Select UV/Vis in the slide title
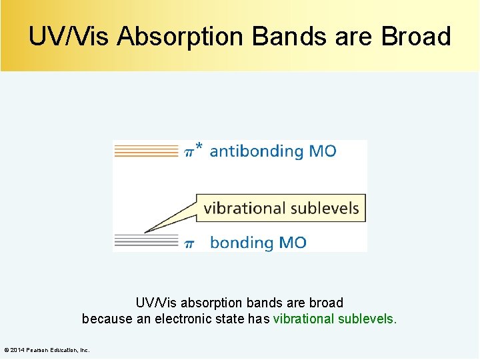tap(69, 37)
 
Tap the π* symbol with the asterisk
tap(193, 151)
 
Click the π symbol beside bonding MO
tap(189, 243)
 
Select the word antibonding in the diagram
tap(257, 151)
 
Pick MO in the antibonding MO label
tap(323, 151)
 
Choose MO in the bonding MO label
tap(293, 243)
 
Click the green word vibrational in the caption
tap(304, 319)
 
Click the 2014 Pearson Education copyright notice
tap(47, 350)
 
